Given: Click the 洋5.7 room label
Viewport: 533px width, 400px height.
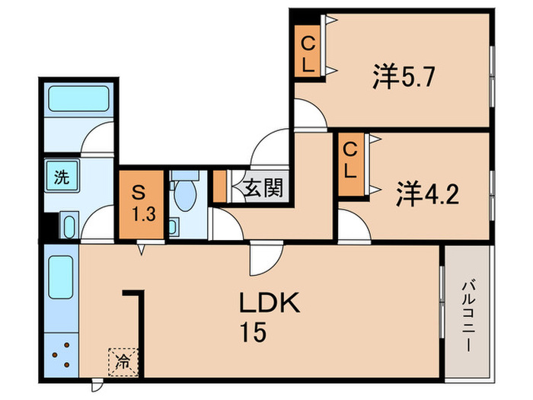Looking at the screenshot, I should [x=404, y=77].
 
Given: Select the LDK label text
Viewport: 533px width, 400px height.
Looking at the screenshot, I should [x=270, y=306].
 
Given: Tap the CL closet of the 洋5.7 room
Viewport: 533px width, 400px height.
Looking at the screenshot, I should [x=308, y=53].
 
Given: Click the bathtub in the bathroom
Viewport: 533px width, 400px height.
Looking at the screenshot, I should [x=78, y=98].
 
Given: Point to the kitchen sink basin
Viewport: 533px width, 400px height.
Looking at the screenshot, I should [x=60, y=278].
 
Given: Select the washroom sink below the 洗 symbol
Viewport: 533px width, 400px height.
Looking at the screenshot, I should [x=67, y=226].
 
